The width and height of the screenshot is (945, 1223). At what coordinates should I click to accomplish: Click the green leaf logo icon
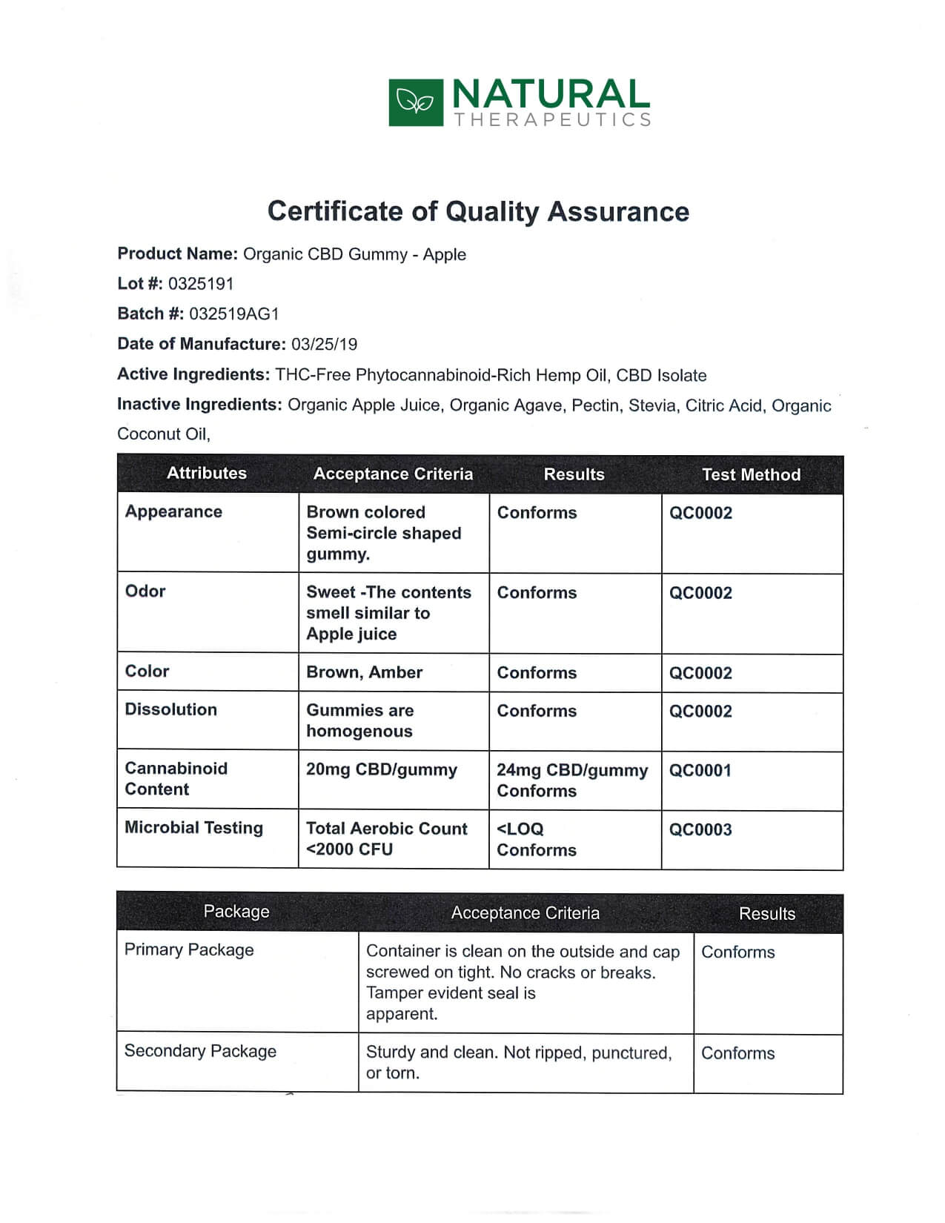[415, 102]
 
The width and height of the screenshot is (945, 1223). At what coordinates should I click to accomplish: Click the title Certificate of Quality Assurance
[478, 211]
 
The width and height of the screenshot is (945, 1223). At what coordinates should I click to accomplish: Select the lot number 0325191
[201, 284]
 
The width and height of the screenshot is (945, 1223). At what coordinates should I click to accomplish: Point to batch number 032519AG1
[234, 314]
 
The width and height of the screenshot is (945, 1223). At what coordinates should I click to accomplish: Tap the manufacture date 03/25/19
[324, 345]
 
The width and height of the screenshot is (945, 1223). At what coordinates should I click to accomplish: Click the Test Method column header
[751, 475]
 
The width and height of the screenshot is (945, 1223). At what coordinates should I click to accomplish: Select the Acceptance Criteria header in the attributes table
[393, 474]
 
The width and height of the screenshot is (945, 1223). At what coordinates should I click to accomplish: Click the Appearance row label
[173, 512]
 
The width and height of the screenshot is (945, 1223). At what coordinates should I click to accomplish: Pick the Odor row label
[145, 591]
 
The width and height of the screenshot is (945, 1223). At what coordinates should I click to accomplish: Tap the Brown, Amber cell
[364, 672]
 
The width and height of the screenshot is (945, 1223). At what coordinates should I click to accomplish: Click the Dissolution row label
[170, 710]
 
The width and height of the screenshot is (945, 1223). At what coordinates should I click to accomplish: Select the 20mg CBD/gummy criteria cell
[382, 770]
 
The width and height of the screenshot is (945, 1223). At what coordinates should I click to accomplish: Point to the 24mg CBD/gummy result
[572, 771]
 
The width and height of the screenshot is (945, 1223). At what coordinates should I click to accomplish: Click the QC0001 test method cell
[700, 771]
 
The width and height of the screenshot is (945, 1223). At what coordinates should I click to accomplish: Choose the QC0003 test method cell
[700, 830]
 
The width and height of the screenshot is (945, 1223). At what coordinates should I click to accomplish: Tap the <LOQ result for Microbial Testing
[520, 829]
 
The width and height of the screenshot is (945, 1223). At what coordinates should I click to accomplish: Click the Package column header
[236, 912]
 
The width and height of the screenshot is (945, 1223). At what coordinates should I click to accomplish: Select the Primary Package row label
[189, 950]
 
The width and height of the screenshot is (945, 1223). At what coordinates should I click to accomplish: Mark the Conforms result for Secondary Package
[737, 1053]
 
